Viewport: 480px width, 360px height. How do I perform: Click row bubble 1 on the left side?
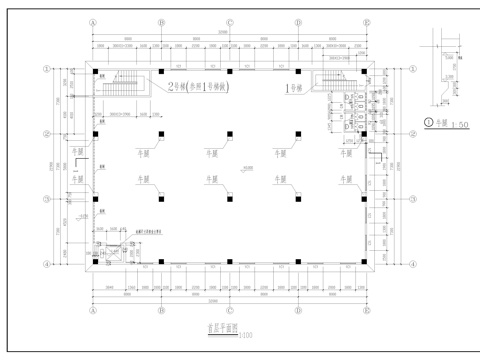click(x=46, y=70)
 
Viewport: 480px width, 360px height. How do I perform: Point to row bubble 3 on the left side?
click(x=46, y=198)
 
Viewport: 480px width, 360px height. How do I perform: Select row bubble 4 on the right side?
click(x=412, y=264)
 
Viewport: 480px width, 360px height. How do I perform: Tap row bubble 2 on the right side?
click(x=412, y=134)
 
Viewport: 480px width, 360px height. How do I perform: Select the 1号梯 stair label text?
click(x=295, y=86)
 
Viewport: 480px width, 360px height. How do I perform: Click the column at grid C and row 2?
click(x=229, y=134)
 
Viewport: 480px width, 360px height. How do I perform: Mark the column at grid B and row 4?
click(x=161, y=262)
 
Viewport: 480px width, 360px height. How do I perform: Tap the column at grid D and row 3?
click(x=297, y=198)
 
